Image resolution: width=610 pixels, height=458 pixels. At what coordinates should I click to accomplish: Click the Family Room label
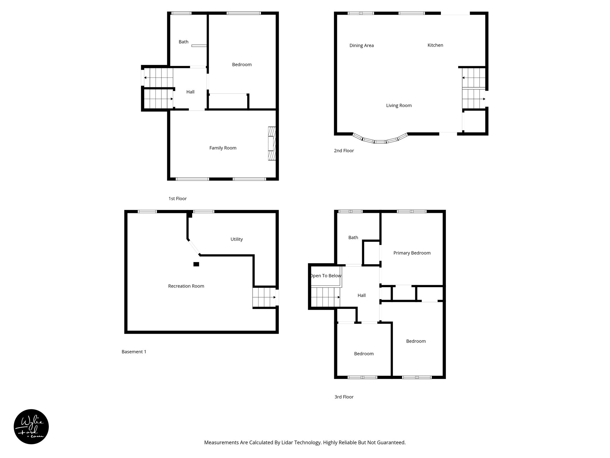click(223, 148)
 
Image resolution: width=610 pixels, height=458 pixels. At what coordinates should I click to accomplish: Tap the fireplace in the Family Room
click(272, 144)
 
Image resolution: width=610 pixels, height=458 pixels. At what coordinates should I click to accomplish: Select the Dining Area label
click(361, 46)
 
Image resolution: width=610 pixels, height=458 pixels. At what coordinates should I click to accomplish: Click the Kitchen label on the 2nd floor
click(435, 45)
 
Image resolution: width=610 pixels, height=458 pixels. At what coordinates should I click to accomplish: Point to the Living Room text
click(399, 106)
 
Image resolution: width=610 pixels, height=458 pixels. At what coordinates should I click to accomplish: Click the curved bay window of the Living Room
click(380, 141)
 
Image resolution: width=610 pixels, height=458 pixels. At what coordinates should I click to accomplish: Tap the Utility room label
click(236, 239)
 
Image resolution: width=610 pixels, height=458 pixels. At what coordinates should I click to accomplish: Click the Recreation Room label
click(186, 286)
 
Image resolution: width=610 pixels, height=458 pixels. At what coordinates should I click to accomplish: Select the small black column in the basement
click(196, 264)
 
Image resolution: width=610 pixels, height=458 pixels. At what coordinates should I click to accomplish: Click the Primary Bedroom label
click(412, 253)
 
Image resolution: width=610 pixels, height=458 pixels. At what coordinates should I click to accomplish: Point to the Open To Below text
click(326, 276)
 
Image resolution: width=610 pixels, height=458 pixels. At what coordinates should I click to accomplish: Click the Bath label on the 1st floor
click(183, 42)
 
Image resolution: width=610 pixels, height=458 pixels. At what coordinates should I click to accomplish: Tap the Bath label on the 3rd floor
click(353, 238)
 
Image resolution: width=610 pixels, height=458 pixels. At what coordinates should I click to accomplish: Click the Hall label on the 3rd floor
click(362, 295)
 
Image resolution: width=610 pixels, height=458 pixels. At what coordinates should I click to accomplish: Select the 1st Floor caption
click(178, 199)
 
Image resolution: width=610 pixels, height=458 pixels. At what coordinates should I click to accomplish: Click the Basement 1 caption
click(134, 352)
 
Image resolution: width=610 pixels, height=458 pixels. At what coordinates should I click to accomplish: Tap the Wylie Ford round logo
click(31, 427)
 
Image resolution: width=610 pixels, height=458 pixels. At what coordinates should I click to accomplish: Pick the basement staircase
click(264, 297)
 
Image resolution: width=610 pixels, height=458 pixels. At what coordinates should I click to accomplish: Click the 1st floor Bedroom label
click(242, 65)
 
